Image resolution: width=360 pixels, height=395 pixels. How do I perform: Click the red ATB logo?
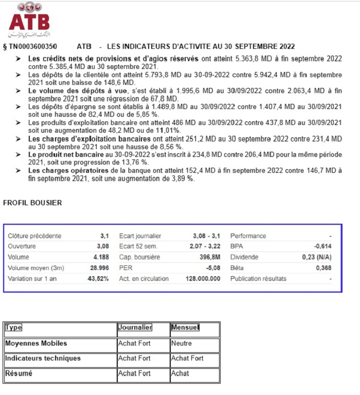point(29,21)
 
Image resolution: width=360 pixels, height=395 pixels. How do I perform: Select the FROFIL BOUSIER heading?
point(32,203)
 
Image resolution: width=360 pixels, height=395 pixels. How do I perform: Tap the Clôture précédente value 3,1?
point(104,236)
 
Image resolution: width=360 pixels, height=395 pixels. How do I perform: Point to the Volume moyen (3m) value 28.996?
point(99,268)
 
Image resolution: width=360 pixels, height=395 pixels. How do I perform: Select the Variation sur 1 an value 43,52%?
point(98,279)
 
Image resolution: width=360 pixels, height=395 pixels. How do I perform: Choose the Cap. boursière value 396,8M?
point(210,257)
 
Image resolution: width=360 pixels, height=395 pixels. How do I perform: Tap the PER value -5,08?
point(212,268)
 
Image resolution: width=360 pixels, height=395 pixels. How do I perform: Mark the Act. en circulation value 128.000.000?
point(203,279)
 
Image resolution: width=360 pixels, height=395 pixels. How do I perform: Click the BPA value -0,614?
point(322,246)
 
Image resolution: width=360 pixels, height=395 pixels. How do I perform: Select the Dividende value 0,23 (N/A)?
point(317,257)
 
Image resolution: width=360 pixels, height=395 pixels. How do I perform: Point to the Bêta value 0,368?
point(323,268)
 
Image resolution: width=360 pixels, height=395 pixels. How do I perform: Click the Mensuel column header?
point(185,328)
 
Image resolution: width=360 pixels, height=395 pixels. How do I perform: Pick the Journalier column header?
point(135,328)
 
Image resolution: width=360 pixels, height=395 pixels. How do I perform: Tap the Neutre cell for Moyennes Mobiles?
point(181,343)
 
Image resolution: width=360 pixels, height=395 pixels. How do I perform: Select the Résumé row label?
point(19,374)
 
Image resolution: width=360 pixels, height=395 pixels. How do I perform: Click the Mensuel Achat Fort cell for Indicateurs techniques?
point(187,358)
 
